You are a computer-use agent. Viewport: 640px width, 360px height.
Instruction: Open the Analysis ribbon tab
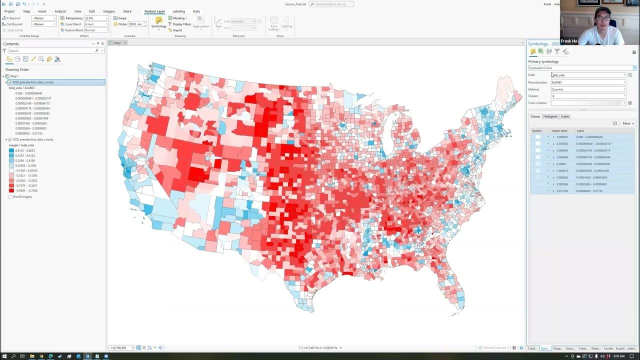click(60, 11)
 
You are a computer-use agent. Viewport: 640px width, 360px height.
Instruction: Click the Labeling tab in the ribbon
click(178, 11)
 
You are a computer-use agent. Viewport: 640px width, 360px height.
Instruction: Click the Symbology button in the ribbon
click(158, 22)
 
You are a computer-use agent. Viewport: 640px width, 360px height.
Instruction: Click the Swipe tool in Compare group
click(120, 18)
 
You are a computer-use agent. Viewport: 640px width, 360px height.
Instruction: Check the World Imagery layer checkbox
click(10, 197)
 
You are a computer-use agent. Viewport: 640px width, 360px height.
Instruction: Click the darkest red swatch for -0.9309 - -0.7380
click(11, 190)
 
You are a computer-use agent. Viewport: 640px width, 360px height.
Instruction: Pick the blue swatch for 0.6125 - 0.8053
click(11, 150)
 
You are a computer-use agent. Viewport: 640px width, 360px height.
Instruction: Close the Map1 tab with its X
click(125, 43)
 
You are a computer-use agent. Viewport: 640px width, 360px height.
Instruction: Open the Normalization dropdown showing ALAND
click(588, 82)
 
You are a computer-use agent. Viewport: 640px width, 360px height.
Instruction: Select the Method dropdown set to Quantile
click(588, 89)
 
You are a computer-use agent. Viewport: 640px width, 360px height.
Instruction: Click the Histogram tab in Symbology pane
click(550, 116)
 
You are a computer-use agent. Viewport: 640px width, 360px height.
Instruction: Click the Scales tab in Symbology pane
click(564, 116)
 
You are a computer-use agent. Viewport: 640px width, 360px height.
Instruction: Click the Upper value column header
click(559, 131)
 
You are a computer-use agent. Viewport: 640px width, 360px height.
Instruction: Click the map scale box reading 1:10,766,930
click(119, 347)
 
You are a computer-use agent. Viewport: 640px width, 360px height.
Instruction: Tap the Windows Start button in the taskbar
click(4, 356)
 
